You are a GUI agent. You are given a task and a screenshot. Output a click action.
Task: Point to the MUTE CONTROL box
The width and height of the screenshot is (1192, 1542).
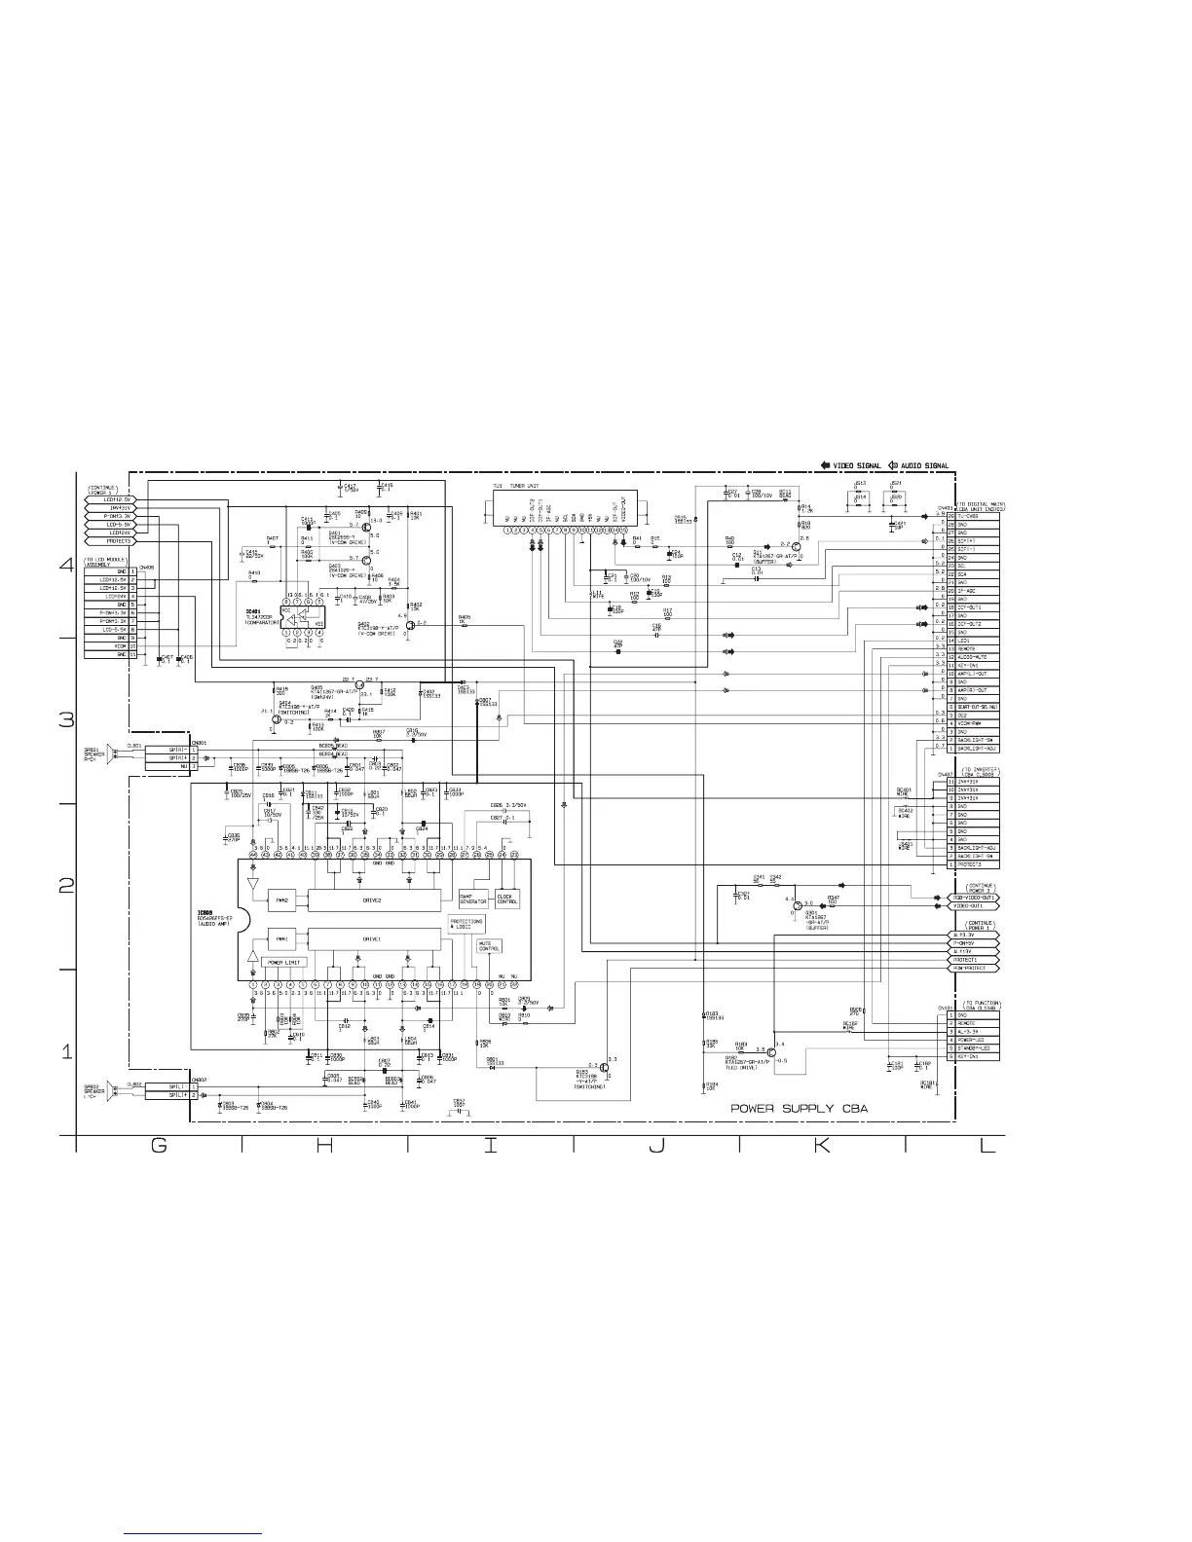489,945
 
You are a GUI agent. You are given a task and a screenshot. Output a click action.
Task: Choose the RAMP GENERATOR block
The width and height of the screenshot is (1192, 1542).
473,899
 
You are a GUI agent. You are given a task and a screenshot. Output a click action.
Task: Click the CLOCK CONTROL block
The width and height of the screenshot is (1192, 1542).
507,899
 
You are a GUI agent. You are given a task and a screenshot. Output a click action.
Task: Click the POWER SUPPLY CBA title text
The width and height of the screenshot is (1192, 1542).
800,1108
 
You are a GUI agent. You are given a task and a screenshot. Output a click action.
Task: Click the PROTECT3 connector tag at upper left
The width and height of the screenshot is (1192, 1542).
108,541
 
